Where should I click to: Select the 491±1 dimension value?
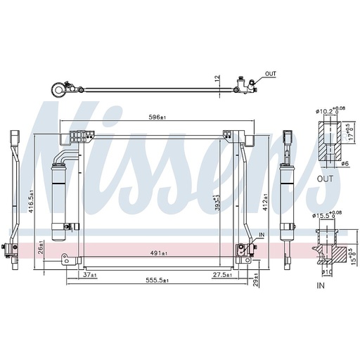158,252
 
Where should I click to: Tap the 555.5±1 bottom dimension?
157,280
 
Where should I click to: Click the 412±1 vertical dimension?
265,203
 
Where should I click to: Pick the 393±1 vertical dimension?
219,202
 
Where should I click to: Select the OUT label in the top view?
271,73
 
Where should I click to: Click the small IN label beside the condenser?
262,233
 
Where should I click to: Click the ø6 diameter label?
345,163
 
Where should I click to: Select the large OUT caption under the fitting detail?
325,179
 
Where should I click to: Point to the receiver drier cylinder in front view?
60,193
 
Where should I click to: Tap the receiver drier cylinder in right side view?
288,193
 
